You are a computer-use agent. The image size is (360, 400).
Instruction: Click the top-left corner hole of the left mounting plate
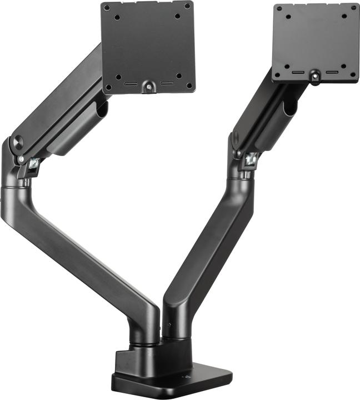[x=106, y=8]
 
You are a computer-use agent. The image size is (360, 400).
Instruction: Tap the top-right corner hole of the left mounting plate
[x=187, y=6]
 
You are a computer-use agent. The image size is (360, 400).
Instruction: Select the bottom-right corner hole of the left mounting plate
[x=189, y=86]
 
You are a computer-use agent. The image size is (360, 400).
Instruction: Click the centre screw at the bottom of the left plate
[x=148, y=86]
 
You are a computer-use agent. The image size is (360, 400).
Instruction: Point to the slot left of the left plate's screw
[x=132, y=85]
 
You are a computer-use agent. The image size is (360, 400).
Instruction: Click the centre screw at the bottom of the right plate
[x=315, y=73]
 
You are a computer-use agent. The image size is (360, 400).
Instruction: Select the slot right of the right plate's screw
[x=332, y=72]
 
